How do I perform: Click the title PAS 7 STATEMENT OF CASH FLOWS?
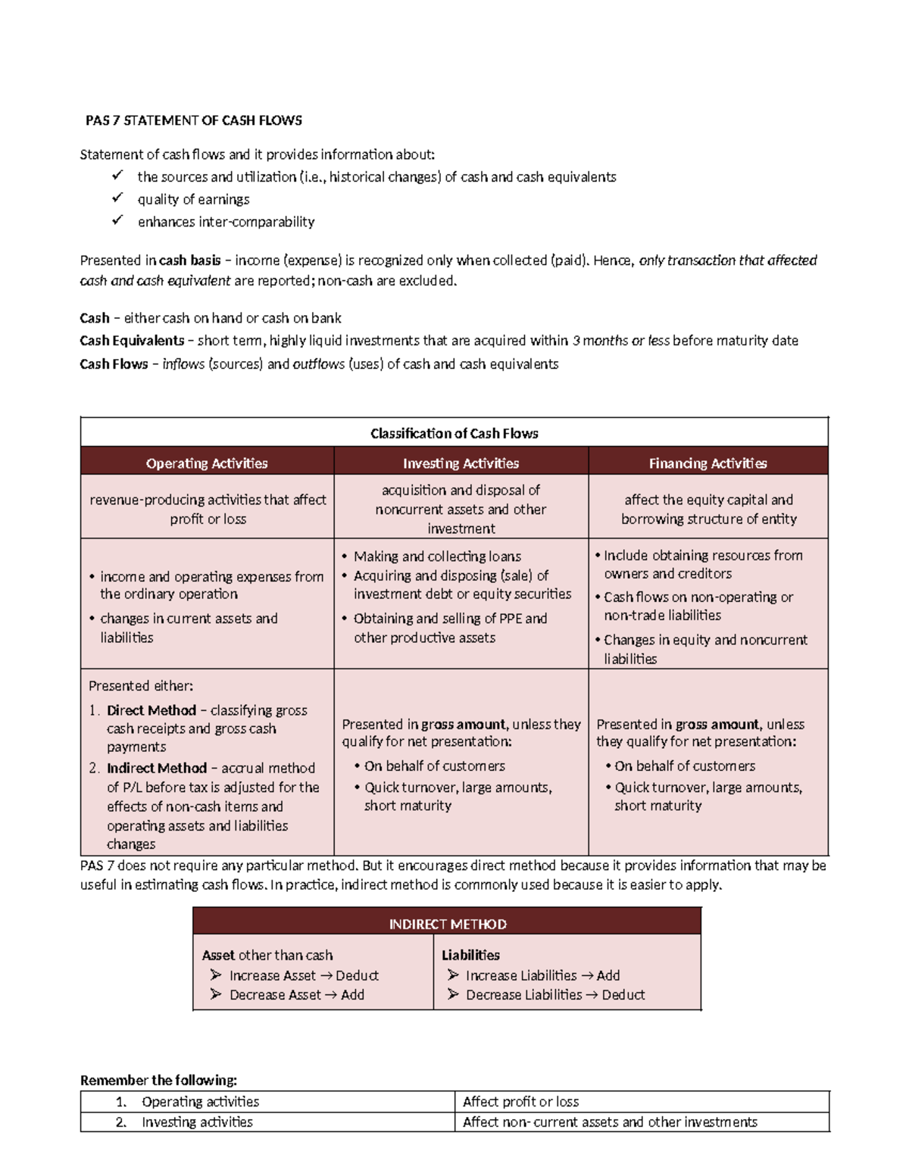click(193, 120)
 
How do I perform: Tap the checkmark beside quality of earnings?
click(117, 198)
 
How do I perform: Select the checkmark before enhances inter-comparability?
click(117, 221)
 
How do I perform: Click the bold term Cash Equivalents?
click(132, 341)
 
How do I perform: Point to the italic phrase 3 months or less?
click(620, 341)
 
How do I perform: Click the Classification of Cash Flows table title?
click(454, 433)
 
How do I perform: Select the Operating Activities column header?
click(207, 463)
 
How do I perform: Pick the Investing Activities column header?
click(461, 463)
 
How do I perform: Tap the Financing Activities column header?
click(708, 463)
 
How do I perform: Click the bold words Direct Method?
click(151, 710)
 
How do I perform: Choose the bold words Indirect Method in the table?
click(157, 768)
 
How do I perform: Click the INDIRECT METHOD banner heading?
click(447, 924)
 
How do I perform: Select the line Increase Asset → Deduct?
click(304, 975)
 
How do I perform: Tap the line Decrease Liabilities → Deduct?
click(555, 995)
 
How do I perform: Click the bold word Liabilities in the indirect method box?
click(470, 956)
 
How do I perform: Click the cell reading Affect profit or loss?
click(521, 1102)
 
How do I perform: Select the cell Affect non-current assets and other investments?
click(610, 1122)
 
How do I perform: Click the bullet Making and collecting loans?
click(437, 557)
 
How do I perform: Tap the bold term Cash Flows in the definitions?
click(114, 364)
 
